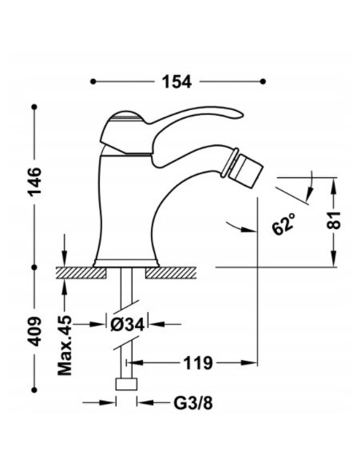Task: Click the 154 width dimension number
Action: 177,81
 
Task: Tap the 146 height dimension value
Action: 35,181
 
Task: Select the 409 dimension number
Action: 35,331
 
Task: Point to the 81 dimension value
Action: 334,220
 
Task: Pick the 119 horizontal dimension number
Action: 198,363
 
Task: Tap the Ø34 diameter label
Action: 128,324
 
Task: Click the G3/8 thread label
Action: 193,403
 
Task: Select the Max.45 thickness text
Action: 65,345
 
